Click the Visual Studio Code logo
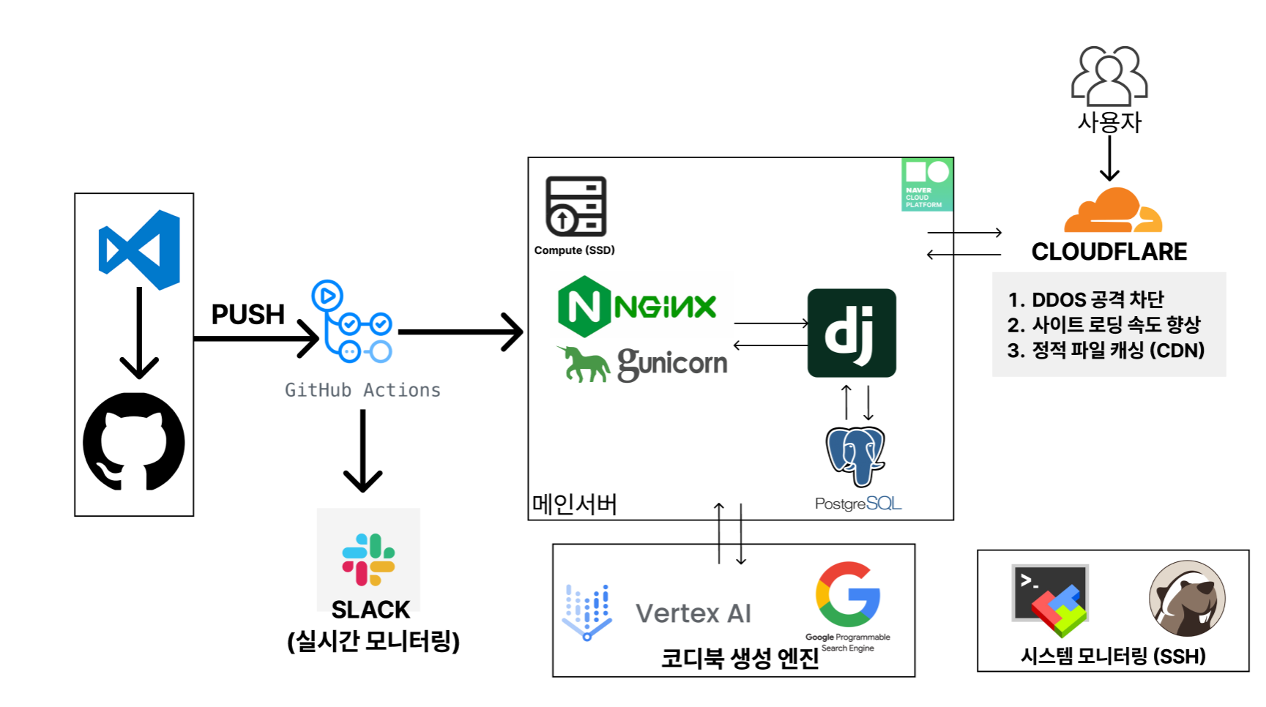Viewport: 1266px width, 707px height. click(x=139, y=250)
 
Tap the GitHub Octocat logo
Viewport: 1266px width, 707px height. click(x=134, y=441)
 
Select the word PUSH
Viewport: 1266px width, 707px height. click(x=247, y=314)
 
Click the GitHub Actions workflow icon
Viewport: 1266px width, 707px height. click(x=352, y=322)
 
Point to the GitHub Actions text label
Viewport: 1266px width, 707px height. click(x=362, y=390)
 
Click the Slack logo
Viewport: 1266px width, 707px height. click(x=368, y=559)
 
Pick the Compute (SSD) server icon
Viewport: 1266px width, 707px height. click(x=576, y=206)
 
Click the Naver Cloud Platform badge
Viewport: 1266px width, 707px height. click(x=926, y=184)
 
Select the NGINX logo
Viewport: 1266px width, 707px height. click(x=637, y=306)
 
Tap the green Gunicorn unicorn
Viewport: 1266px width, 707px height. click(x=584, y=364)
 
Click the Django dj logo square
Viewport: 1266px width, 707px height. click(x=852, y=333)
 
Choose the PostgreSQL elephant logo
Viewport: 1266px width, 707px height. click(x=855, y=455)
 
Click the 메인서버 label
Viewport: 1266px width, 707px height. click(x=574, y=504)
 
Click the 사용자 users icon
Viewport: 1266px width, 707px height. click(x=1109, y=76)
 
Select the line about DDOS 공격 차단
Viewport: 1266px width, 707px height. click(x=1085, y=299)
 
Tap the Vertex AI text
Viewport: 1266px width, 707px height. click(x=693, y=613)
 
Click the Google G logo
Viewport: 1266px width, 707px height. click(x=848, y=594)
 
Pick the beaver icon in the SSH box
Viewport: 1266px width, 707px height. click(x=1187, y=599)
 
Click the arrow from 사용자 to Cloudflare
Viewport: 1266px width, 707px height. click(x=1109, y=158)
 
